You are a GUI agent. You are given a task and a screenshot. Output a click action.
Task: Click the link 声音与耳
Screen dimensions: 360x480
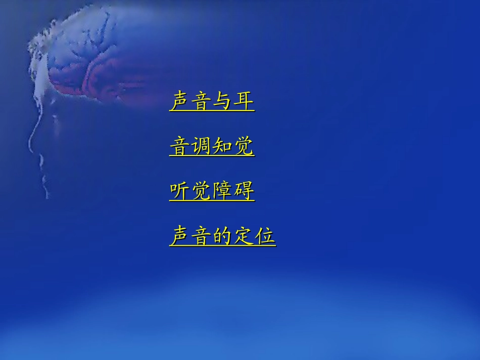212,101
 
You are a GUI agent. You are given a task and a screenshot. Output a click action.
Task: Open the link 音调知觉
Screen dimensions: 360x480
212,146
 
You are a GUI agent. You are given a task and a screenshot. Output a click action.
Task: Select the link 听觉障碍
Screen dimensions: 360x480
212,191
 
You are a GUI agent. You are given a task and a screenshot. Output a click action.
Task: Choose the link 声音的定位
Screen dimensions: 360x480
222,236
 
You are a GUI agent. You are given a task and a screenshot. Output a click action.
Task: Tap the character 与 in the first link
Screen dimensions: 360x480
222,101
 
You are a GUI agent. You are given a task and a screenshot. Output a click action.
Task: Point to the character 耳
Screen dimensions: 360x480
244,101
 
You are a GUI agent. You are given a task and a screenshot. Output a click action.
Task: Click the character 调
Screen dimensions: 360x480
201,146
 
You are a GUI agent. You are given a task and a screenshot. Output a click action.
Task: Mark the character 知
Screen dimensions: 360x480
222,146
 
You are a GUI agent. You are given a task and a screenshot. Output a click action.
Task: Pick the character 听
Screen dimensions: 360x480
180,191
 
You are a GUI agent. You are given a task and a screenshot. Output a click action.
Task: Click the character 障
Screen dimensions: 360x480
222,191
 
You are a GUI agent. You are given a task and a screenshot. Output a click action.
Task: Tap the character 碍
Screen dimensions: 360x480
244,191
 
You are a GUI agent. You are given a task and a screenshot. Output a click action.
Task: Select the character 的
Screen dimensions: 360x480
222,236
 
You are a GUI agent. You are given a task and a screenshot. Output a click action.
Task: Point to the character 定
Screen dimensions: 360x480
244,236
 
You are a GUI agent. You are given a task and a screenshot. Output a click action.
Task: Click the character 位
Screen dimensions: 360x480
265,236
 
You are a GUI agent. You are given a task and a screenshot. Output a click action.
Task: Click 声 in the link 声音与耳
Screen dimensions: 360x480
180,101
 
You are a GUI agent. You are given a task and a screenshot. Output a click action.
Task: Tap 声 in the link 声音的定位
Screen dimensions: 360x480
180,236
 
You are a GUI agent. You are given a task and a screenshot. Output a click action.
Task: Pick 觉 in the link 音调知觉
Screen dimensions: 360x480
244,146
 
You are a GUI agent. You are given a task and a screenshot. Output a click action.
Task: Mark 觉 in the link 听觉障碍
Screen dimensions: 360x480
201,191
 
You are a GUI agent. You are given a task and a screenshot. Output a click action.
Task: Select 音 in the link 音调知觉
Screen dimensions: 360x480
180,146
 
